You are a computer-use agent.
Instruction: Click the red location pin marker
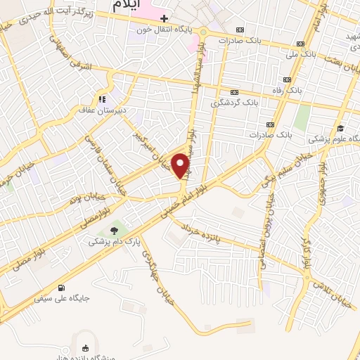[181, 166]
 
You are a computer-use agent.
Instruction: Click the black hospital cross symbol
[165, 18]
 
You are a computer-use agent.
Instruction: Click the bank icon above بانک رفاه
[286, 80]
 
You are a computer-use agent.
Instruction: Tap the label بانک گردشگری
[235, 103]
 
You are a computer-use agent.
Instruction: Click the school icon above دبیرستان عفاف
[103, 98]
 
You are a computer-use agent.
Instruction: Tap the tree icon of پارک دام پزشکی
[114, 230]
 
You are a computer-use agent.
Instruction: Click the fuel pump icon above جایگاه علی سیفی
[63, 287]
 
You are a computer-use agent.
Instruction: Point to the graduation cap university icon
[341, 128]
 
